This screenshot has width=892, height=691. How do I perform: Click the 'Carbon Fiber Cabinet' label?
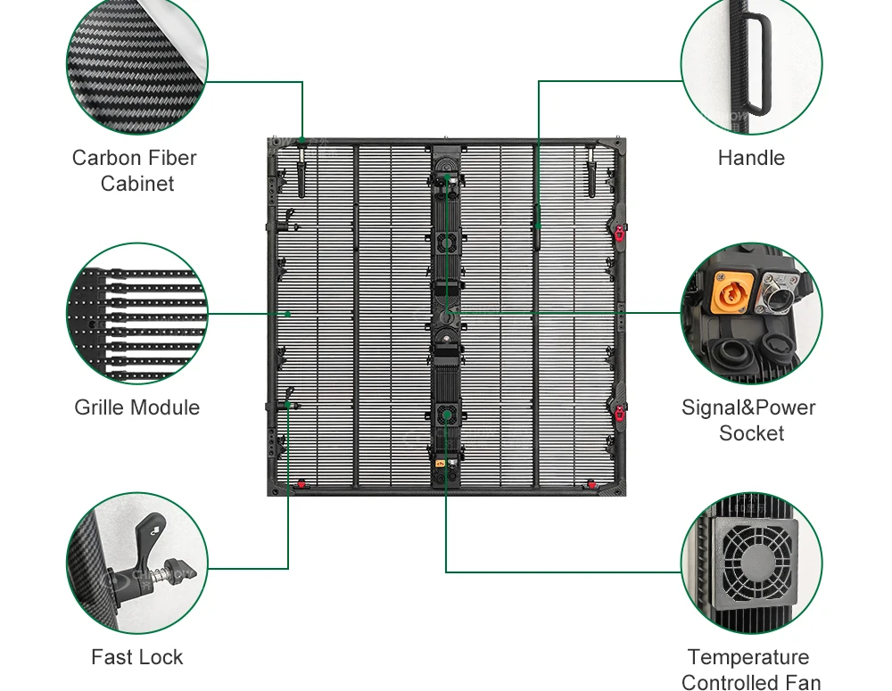135,170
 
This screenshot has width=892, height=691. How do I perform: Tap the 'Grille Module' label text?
137,407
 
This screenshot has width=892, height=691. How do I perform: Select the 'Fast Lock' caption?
137,657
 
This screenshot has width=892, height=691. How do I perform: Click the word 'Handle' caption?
751,158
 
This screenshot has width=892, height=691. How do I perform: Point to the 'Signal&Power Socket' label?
749,420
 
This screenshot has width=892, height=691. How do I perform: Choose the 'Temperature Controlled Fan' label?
750,669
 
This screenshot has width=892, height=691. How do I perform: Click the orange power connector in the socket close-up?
731,292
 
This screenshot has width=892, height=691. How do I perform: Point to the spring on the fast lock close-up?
166,570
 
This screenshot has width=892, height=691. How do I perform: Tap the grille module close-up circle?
137,313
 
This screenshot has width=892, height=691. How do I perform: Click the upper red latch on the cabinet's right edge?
619,232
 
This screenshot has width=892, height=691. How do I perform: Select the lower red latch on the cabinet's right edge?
619,412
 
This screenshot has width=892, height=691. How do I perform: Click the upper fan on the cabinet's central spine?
447,244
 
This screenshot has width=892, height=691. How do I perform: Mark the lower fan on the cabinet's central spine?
447,415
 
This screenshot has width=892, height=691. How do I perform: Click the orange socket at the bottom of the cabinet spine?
441,464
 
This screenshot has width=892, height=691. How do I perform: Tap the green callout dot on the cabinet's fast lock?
288,405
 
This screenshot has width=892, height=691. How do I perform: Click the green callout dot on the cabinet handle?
538,226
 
